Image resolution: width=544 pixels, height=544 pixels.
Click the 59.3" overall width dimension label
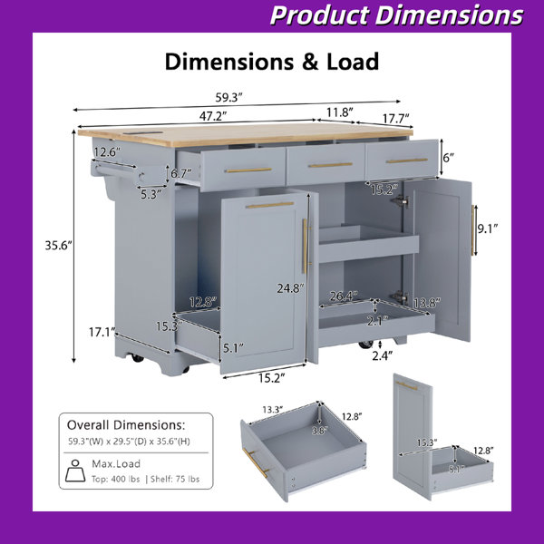coord(228,98)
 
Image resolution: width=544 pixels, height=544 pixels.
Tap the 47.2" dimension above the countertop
coord(213,117)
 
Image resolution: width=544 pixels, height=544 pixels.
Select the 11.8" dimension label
coord(340,112)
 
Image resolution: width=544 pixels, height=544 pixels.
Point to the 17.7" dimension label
coord(396,119)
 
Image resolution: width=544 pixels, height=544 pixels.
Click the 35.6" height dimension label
coord(59,246)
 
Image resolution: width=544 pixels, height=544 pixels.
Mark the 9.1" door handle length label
coord(488,228)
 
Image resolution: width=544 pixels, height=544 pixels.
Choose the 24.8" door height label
coord(290,288)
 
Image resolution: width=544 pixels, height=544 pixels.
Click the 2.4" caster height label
coord(383,355)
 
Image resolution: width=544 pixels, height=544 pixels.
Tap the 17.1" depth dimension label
coord(102,333)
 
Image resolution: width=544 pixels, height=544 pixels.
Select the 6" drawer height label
coord(448,158)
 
